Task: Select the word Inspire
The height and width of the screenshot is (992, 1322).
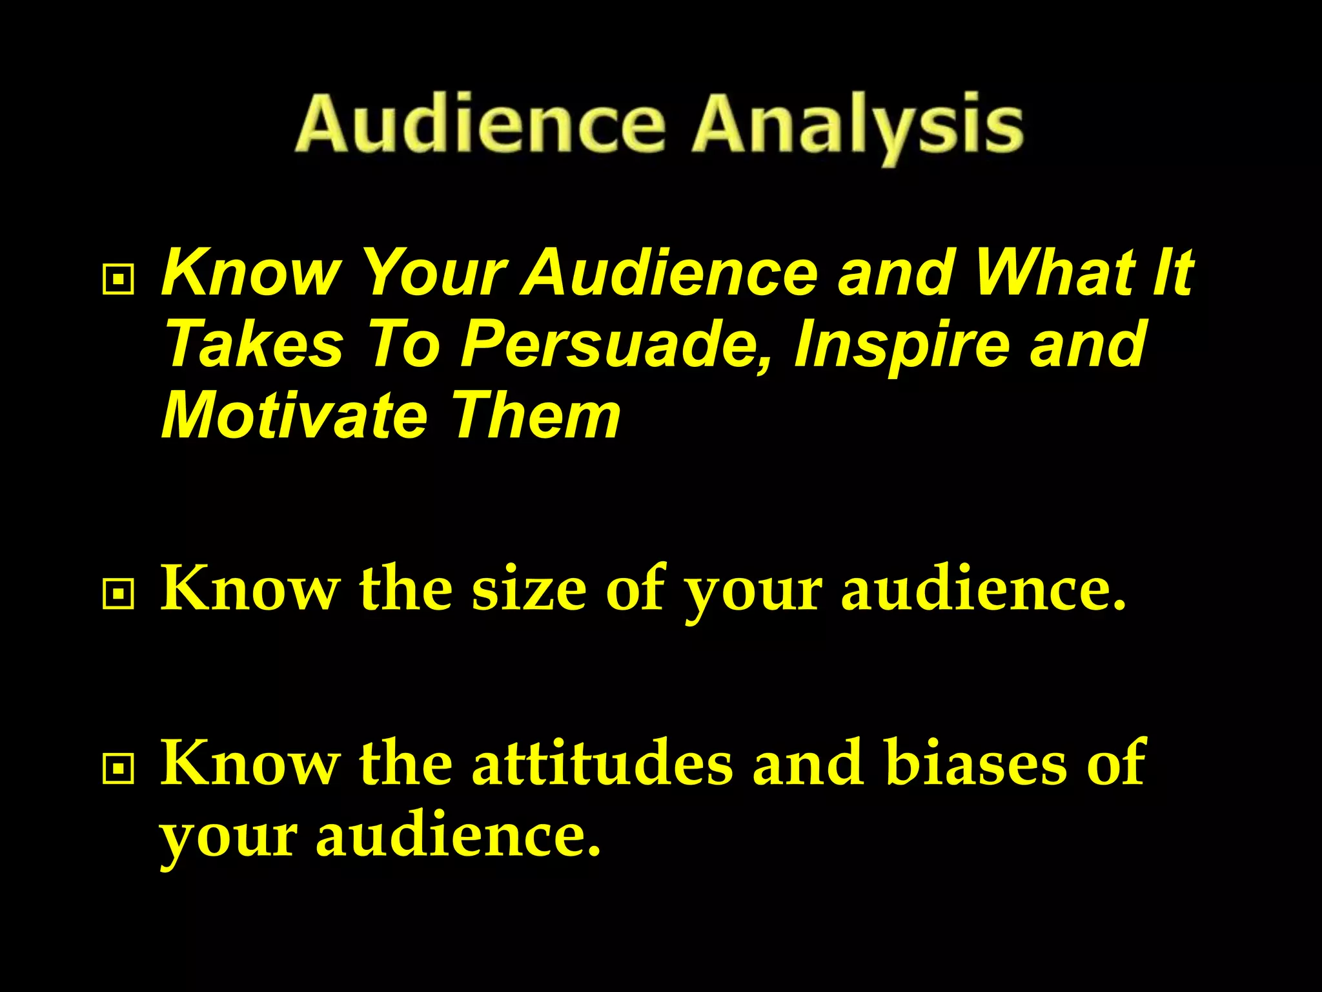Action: coord(901,344)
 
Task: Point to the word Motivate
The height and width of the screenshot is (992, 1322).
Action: coord(294,415)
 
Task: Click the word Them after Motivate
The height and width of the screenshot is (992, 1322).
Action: coord(536,415)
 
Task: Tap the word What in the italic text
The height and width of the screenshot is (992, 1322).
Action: coord(1055,273)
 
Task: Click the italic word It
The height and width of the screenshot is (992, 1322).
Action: coord(1172,273)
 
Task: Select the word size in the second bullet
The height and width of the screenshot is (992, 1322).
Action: coord(529,589)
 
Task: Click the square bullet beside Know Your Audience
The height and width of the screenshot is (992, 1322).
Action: coord(118,280)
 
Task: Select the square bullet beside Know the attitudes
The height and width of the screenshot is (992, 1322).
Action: coord(118,769)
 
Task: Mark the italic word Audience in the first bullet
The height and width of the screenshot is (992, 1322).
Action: coord(671,273)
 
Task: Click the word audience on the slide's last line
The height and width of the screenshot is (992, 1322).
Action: coord(458,834)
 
